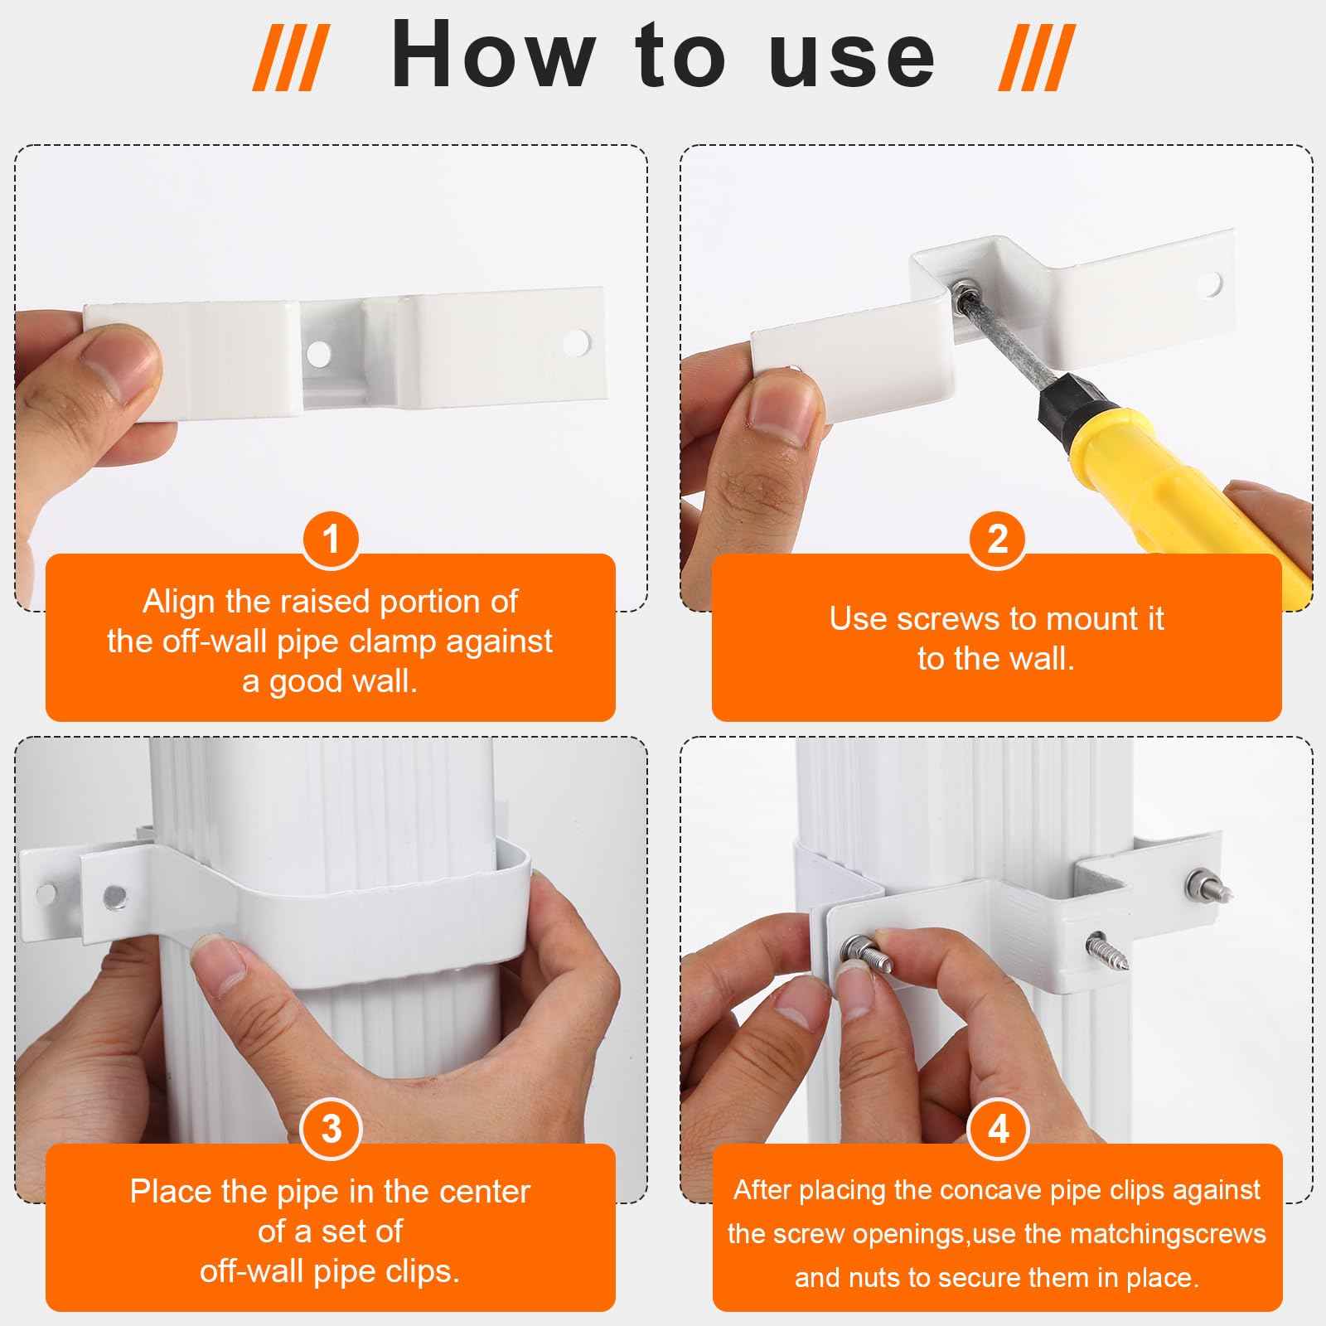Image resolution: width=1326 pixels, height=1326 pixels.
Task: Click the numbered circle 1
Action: point(331,540)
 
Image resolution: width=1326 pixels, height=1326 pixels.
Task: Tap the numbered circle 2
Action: point(998,540)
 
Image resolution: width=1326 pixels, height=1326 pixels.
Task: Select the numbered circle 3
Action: point(331,1129)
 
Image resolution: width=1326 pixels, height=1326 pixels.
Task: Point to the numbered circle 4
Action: point(998,1129)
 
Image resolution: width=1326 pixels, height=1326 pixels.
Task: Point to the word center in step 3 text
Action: point(484,1192)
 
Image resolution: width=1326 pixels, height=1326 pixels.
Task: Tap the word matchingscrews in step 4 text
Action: point(1168,1234)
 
